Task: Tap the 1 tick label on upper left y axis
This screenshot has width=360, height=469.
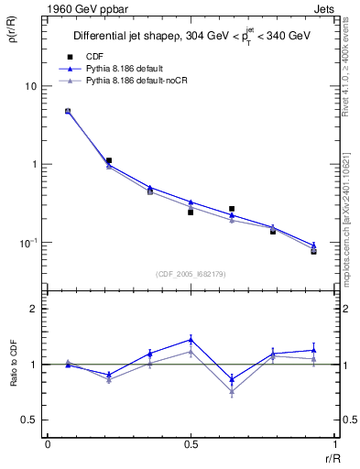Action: coord(33,165)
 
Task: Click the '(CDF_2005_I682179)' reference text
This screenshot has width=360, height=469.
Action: coord(190,272)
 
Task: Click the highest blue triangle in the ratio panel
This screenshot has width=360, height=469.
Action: coord(191,339)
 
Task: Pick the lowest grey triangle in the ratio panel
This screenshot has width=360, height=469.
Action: coord(232,392)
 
